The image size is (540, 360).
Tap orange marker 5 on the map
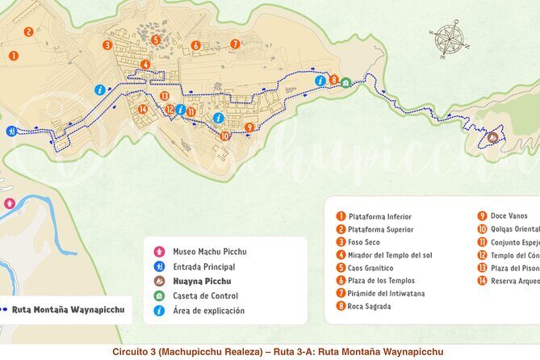click(156, 40)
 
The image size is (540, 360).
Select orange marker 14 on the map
click(143, 109)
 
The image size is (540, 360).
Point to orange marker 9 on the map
click(249, 127)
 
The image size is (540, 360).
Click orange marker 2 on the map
click(28, 32)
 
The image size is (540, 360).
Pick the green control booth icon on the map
click(345, 82)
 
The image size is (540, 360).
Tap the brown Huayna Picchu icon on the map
click(492, 138)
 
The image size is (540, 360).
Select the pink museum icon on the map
click(10, 203)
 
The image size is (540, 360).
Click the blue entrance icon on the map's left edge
click(10, 131)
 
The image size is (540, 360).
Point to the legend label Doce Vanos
click(509, 216)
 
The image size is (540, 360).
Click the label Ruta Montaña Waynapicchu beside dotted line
click(68, 308)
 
